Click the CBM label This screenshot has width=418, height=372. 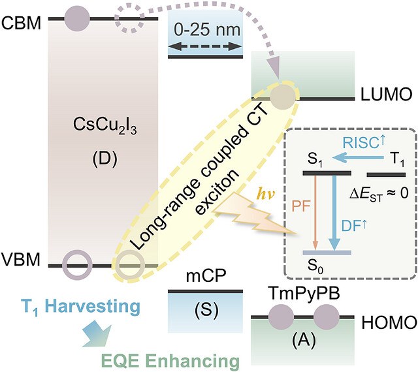click(x=22, y=23)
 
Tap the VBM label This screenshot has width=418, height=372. click(x=21, y=259)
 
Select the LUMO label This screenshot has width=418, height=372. click(x=386, y=94)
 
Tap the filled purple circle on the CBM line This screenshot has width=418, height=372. click(x=77, y=19)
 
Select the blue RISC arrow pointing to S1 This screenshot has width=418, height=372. click(x=359, y=159)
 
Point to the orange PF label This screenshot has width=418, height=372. click(x=301, y=206)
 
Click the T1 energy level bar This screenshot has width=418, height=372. click(x=386, y=175)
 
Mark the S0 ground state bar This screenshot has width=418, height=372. click(x=327, y=253)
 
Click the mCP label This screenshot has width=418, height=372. click(x=206, y=276)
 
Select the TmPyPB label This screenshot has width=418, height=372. click(x=305, y=294)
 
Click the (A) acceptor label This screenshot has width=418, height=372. click(x=304, y=340)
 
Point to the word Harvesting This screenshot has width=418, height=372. click(x=94, y=306)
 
